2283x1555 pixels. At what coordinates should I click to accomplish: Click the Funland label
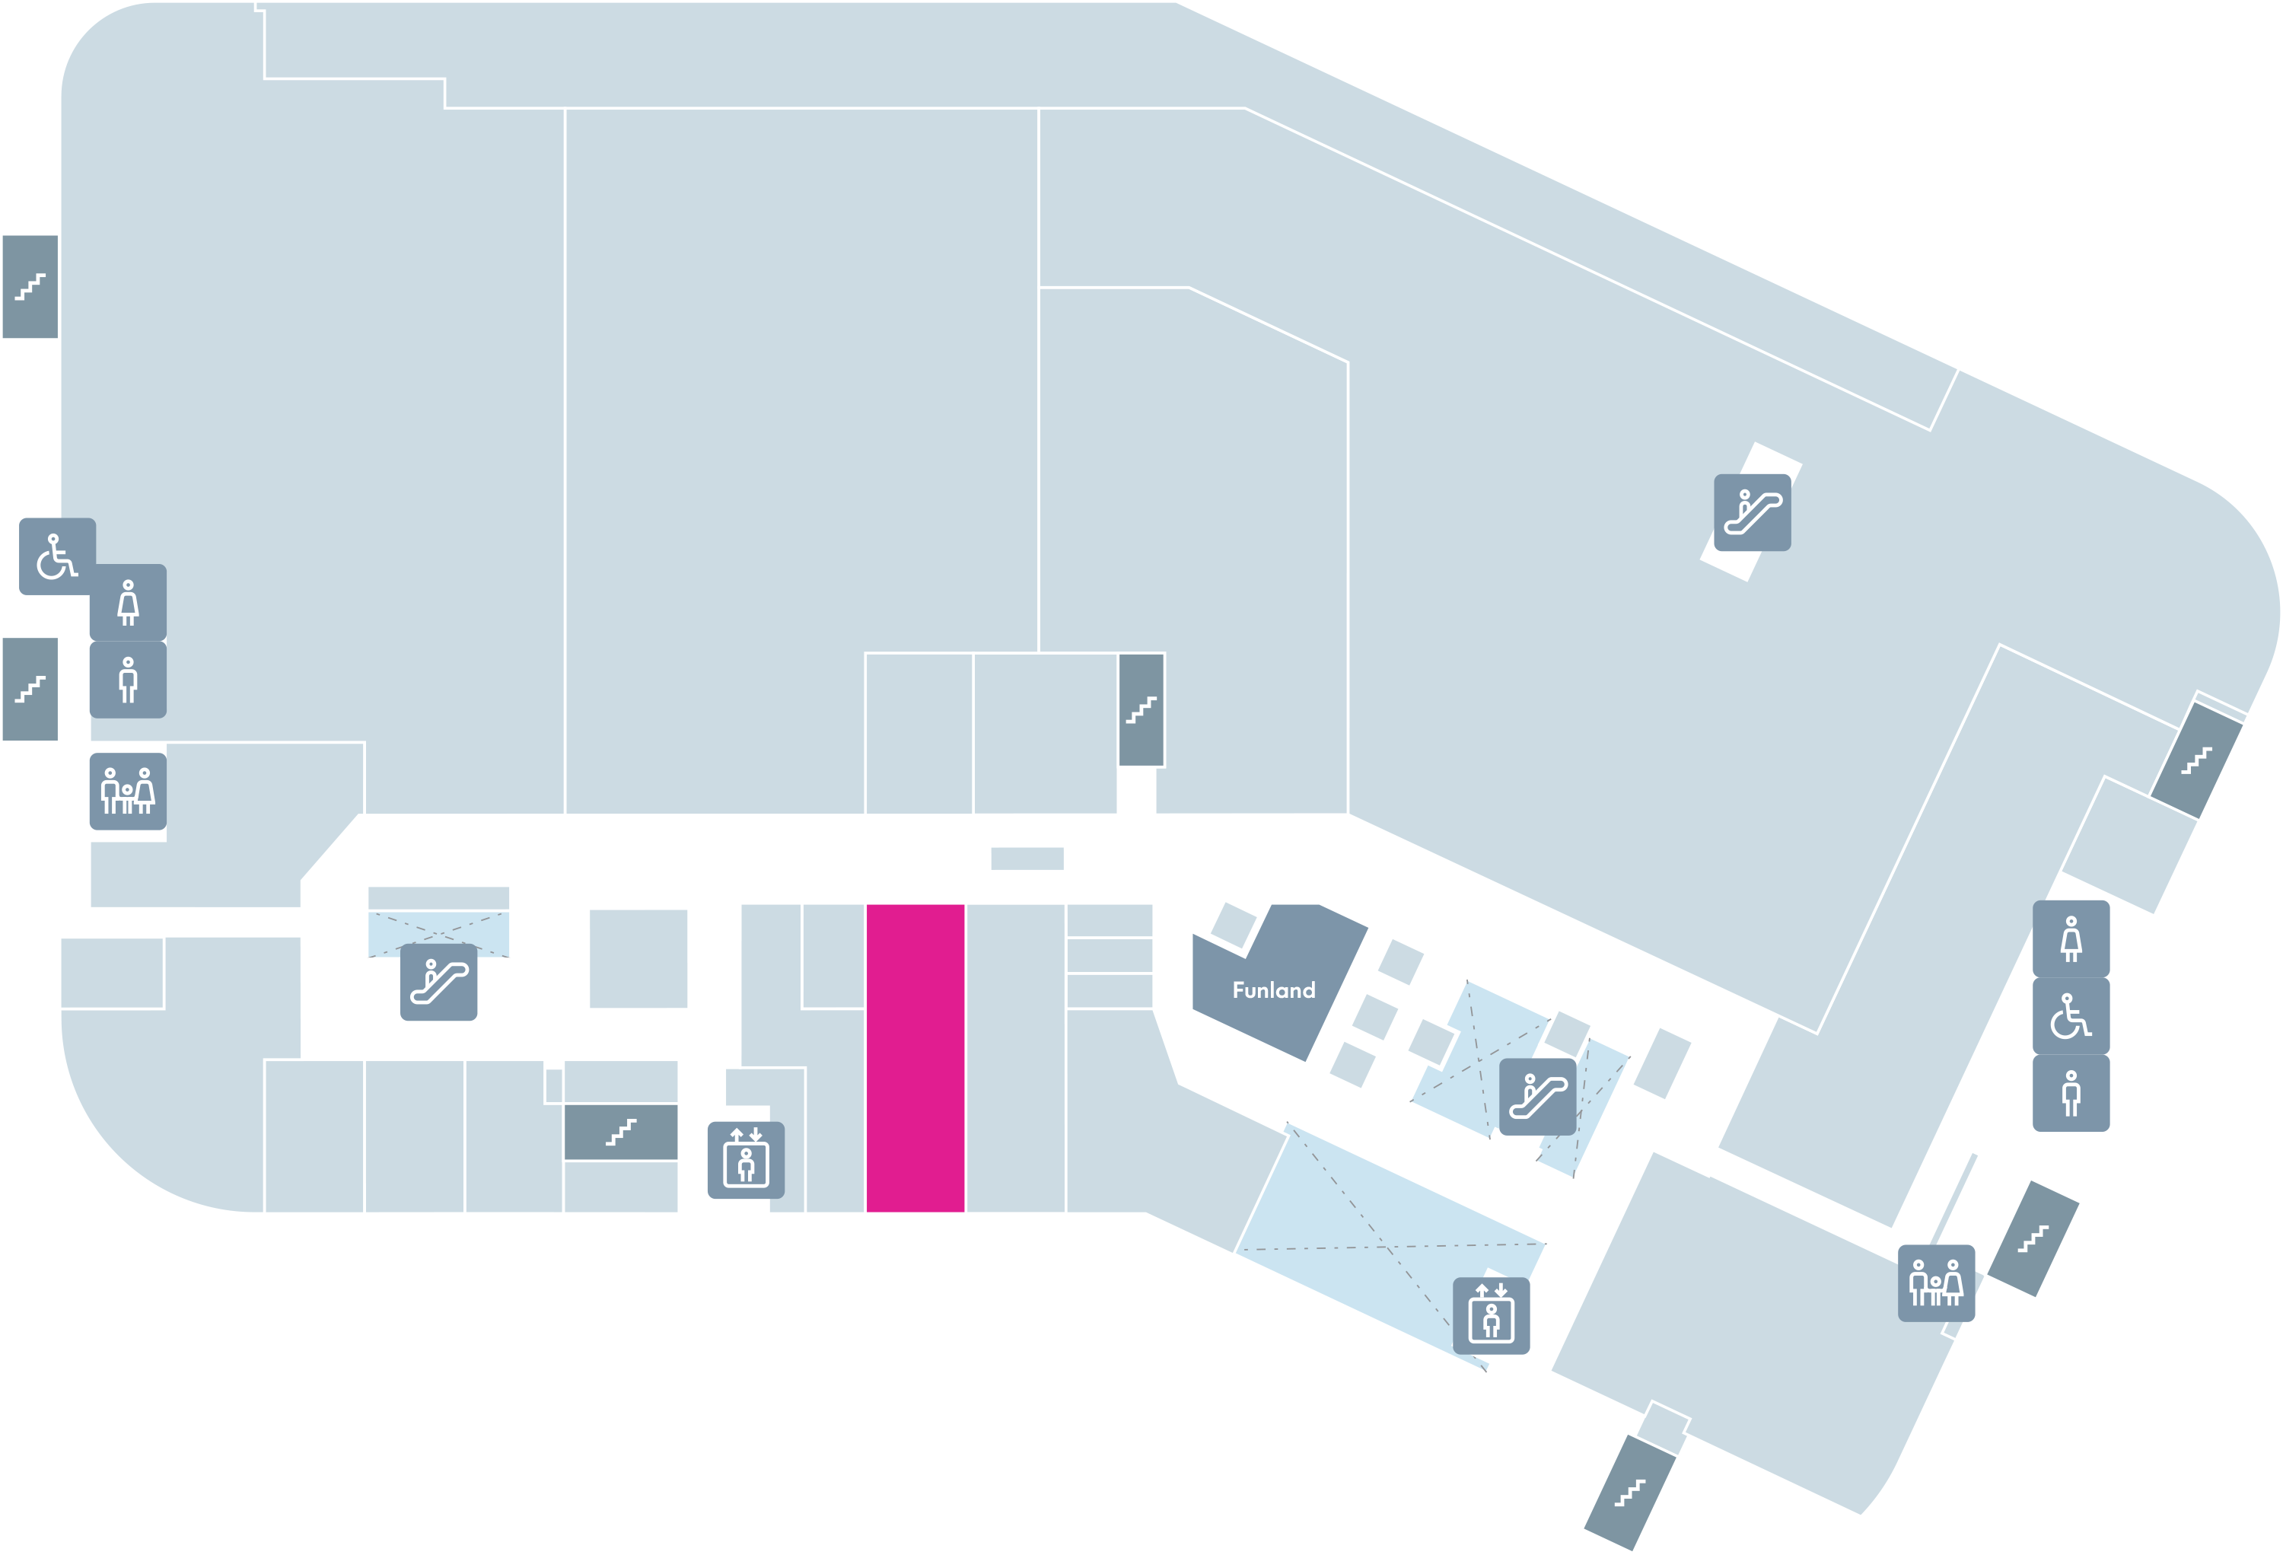click(1273, 990)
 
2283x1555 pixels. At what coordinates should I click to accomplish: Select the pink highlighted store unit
click(915, 1058)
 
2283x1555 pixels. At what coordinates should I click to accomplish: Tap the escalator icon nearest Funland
click(1537, 1096)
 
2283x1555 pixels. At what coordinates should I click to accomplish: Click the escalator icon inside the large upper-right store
click(1753, 513)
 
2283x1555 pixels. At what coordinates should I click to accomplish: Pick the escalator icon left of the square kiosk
click(438, 983)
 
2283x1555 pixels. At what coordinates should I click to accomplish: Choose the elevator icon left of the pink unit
click(746, 1160)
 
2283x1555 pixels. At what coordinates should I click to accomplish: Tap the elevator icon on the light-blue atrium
click(1492, 1316)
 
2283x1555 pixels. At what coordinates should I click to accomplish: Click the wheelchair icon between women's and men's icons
click(2071, 1015)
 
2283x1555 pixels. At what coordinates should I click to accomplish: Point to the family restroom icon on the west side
click(128, 792)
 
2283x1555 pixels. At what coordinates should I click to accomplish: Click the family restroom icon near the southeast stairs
click(1936, 1284)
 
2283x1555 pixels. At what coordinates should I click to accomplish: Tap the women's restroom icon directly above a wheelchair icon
click(2071, 939)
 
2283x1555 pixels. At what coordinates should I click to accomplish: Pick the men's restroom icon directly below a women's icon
click(128, 680)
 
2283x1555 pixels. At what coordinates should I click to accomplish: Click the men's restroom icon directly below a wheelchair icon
click(2071, 1093)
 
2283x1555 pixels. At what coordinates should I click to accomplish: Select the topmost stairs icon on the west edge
click(30, 287)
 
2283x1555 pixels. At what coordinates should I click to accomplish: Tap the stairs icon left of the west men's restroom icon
click(30, 690)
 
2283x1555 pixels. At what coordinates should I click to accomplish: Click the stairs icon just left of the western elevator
click(621, 1133)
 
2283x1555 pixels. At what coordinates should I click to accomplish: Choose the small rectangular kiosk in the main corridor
click(1027, 859)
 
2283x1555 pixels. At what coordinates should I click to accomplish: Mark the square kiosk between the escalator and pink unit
click(638, 959)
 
